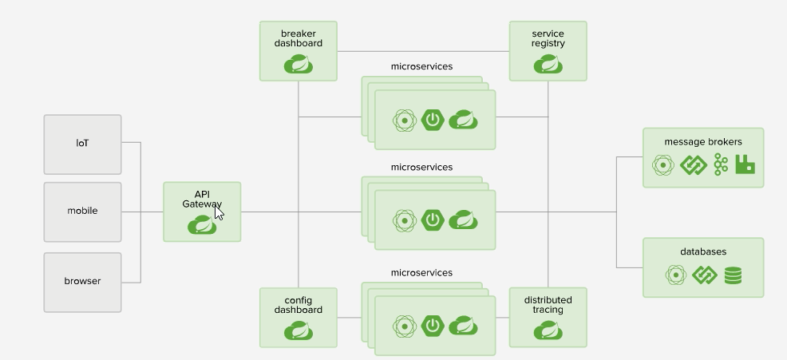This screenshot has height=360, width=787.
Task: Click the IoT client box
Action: pyautogui.click(x=83, y=144)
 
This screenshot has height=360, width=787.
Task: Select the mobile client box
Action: pyautogui.click(x=83, y=212)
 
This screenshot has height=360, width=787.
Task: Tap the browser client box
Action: pyautogui.click(x=83, y=282)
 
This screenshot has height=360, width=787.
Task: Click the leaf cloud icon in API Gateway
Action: pyautogui.click(x=202, y=226)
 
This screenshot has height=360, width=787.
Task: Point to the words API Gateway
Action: pyautogui.click(x=201, y=200)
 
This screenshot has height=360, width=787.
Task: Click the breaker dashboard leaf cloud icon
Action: pyautogui.click(x=298, y=65)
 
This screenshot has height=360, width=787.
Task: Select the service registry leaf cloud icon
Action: pyautogui.click(x=548, y=65)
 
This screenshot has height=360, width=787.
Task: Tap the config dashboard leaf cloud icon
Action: pyautogui.click(x=298, y=330)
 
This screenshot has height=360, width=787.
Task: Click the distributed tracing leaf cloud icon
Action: pyautogui.click(x=548, y=330)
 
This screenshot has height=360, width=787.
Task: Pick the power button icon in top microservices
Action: pyautogui.click(x=433, y=121)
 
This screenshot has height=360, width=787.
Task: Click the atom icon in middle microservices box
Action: pyautogui.click(x=405, y=220)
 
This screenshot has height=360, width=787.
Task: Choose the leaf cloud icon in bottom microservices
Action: pyautogui.click(x=463, y=325)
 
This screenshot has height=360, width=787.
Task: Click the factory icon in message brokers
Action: pyautogui.click(x=745, y=165)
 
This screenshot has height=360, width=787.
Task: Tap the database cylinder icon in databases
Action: pyautogui.click(x=732, y=275)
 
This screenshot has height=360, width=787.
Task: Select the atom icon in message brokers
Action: pyautogui.click(x=663, y=165)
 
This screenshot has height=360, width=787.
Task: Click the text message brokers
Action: pyautogui.click(x=702, y=142)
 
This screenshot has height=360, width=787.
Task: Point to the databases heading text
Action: pyautogui.click(x=703, y=251)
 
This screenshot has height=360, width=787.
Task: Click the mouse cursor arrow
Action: pyautogui.click(x=219, y=212)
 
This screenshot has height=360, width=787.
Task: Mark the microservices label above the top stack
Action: pyautogui.click(x=421, y=66)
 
